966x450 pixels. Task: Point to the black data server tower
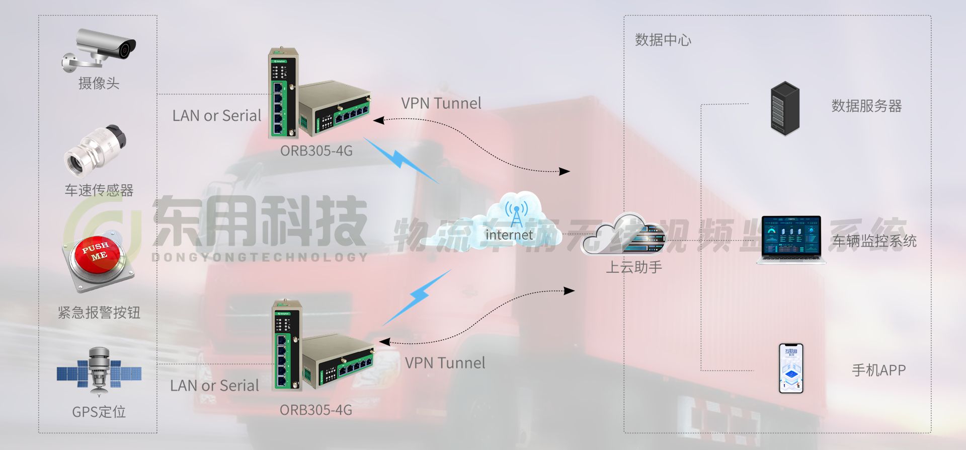click(785, 108)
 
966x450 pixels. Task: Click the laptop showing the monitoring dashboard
click(791, 239)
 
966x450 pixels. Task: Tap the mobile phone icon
click(791, 368)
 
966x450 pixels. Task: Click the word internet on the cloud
click(509, 235)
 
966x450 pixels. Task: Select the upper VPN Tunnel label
click(441, 103)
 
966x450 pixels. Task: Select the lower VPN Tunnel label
click(445, 363)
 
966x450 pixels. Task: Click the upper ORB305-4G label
click(316, 151)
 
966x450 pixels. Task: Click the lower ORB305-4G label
click(316, 410)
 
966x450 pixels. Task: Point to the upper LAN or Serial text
click(217, 116)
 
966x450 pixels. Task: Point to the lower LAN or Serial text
click(215, 386)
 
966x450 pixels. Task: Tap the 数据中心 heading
click(663, 40)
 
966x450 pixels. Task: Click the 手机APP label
click(879, 370)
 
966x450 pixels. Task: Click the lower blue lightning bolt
click(418, 297)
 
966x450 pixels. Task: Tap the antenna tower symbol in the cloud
click(517, 214)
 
